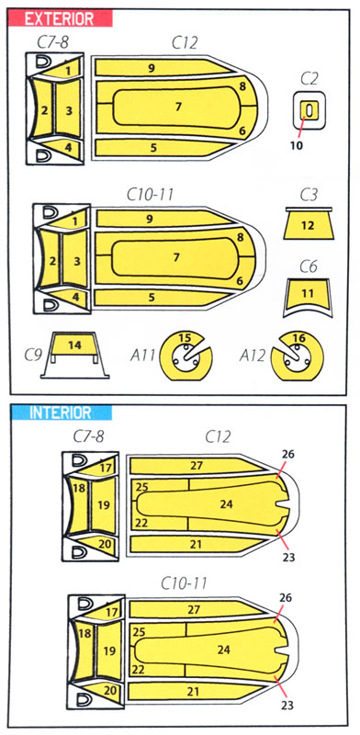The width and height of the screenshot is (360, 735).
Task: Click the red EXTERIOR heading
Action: (x=59, y=18)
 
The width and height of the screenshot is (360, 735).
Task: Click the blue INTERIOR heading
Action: (x=60, y=413)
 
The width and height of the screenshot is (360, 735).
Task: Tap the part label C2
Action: (x=309, y=79)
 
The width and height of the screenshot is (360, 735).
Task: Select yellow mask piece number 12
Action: (x=308, y=225)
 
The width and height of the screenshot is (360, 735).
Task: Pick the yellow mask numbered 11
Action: (x=308, y=294)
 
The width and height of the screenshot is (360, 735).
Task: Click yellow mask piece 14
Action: (x=74, y=345)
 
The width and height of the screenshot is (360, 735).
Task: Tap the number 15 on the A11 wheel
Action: (x=186, y=337)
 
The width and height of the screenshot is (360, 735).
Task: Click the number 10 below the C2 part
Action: (x=297, y=145)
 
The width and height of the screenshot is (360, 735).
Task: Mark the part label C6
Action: (x=309, y=266)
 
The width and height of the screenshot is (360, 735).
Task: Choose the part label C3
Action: (x=309, y=196)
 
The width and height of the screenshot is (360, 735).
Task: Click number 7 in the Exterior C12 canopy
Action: (x=178, y=107)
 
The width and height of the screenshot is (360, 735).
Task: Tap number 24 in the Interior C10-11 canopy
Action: (x=223, y=650)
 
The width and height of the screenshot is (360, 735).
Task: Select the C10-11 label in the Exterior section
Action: (x=150, y=194)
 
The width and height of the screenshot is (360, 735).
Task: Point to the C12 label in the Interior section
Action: (x=218, y=437)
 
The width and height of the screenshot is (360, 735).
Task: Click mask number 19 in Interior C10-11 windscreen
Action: (x=109, y=650)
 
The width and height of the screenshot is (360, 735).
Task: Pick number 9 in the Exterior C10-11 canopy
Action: (x=149, y=219)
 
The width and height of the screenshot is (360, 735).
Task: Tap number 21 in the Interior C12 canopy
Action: (x=197, y=544)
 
